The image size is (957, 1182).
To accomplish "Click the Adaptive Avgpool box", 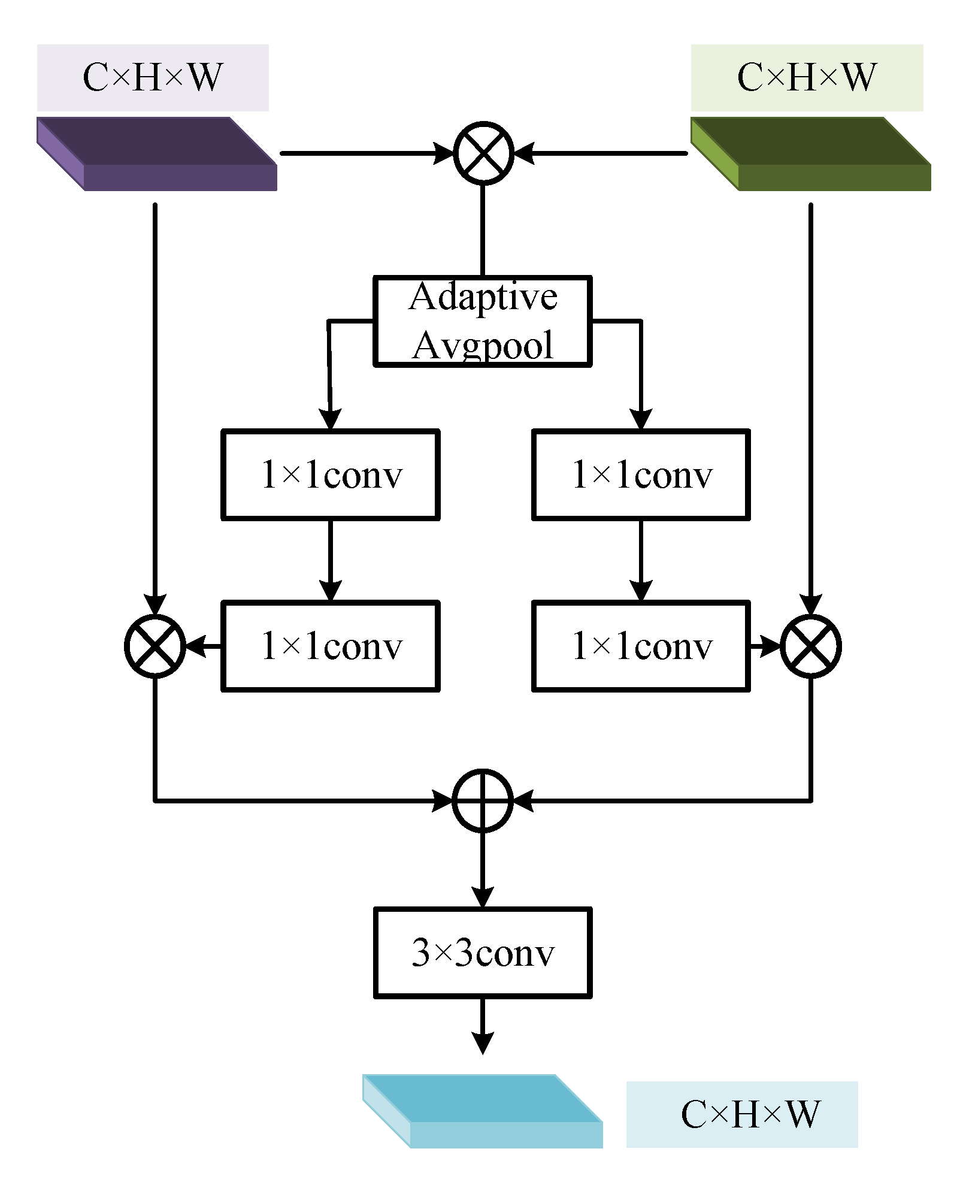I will coord(483,321).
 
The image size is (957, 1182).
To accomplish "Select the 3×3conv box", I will coord(483,953).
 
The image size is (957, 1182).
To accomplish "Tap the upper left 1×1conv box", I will coord(331,474).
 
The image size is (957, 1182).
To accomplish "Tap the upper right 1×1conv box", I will coord(641,474).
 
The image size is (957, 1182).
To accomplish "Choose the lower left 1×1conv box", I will coord(331,646).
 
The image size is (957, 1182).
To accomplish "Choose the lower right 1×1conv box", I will coord(641,646).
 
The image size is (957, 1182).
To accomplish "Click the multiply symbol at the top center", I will coord(483,153).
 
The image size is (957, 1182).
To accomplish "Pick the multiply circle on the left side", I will coord(155,646).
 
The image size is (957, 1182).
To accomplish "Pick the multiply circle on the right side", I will coord(811,646).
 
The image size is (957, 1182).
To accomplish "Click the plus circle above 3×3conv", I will coord(483,800).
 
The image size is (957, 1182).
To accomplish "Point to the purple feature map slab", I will coord(157,153).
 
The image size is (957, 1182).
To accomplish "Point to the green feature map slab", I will coord(811,153).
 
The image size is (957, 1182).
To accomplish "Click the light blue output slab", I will coord(483,1111).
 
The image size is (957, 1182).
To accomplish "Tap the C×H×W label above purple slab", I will coord(153,77).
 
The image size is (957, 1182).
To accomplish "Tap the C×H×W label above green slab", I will coord(807,77).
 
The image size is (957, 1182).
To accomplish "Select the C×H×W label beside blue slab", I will coord(743,1114).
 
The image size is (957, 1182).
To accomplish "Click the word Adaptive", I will coord(483,297).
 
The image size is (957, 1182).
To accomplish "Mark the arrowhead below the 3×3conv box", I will coord(483,1042).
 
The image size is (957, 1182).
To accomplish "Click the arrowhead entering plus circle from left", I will coord(443,800).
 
